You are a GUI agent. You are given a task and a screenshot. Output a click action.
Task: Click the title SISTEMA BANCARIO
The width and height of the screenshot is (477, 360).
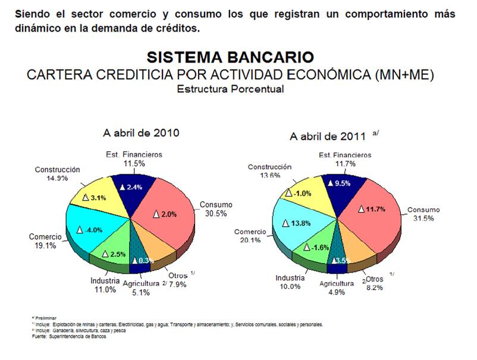(230, 57)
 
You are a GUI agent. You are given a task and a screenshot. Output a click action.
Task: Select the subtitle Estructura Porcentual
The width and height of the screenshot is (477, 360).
(230, 89)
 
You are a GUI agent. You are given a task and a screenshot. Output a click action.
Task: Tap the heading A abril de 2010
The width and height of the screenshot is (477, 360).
(141, 132)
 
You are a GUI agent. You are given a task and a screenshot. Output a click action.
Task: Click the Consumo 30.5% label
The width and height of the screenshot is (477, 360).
(216, 209)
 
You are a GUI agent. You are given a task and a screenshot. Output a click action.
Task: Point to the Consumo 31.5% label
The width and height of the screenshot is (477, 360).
(423, 214)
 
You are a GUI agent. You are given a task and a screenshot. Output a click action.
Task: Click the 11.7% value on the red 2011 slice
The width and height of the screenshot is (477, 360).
(372, 209)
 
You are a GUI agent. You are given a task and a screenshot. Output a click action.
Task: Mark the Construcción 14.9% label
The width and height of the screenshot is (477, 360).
(57, 173)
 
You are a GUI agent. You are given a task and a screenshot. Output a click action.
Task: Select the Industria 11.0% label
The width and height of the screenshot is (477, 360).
(105, 284)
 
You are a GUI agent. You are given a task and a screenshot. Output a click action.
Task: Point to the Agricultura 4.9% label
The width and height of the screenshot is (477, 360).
(337, 287)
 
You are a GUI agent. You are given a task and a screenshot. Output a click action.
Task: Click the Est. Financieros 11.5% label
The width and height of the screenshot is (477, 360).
(134, 158)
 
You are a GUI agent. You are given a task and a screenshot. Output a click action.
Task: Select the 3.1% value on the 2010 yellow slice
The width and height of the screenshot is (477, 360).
(95, 198)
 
